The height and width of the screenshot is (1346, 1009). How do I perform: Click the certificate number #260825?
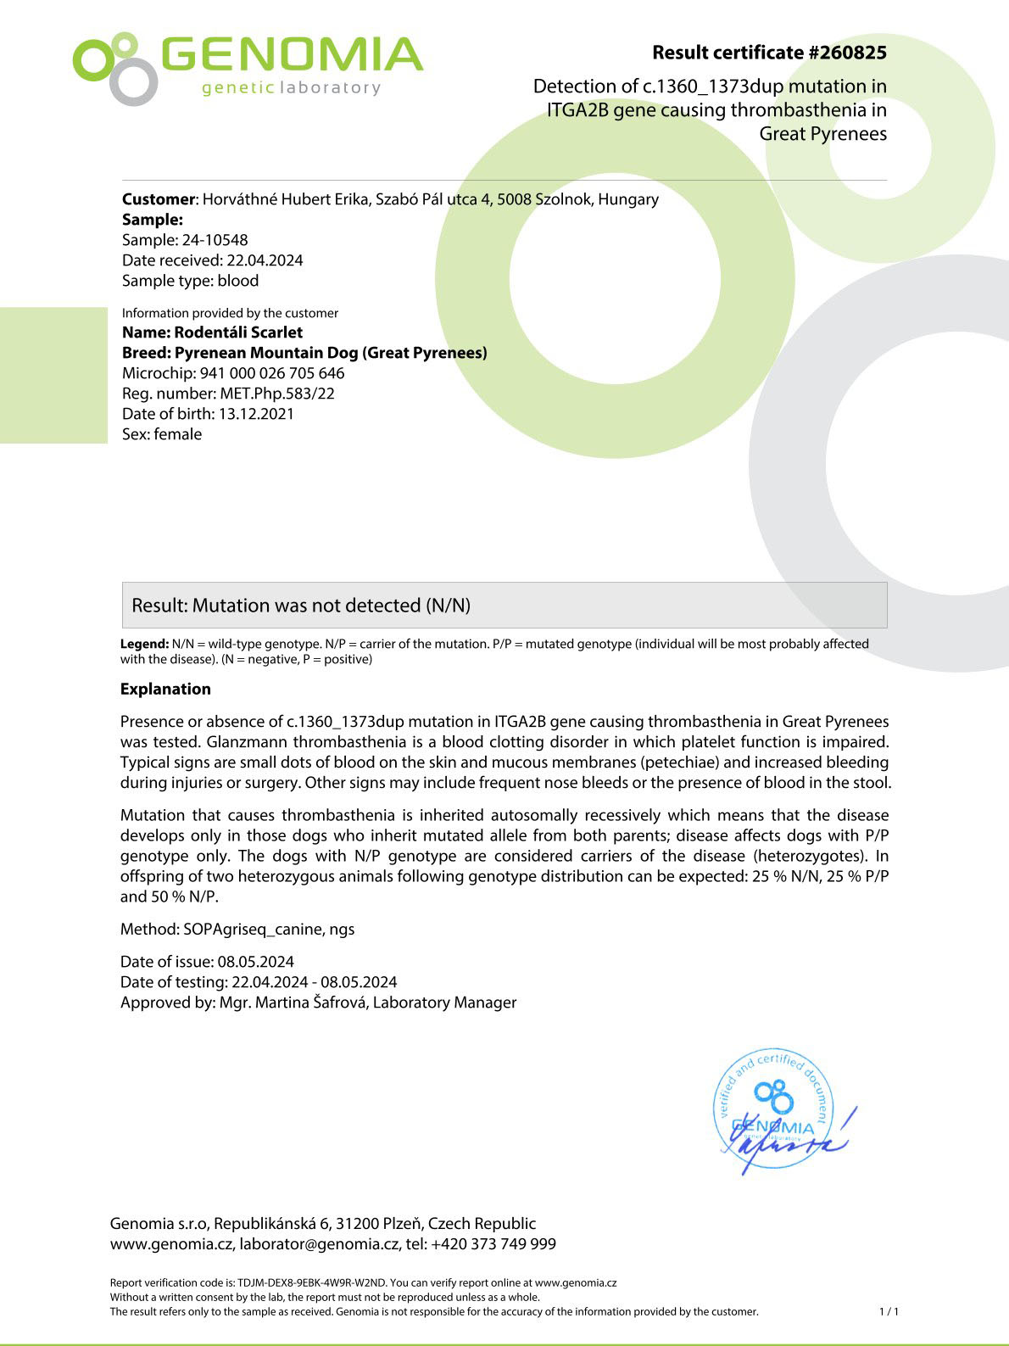click(x=847, y=53)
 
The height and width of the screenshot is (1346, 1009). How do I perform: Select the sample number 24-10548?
click(x=215, y=240)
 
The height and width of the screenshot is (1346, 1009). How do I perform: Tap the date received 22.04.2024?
click(x=265, y=260)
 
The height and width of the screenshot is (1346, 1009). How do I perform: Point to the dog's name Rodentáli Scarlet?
click(x=238, y=332)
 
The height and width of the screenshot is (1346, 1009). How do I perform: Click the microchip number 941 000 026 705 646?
click(x=272, y=373)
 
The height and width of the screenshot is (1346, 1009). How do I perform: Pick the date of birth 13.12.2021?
click(x=256, y=414)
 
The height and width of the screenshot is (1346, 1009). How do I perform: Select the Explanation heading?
click(x=165, y=689)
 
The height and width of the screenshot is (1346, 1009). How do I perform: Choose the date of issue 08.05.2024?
click(x=256, y=962)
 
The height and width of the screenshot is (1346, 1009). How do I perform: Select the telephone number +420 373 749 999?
click(x=493, y=1244)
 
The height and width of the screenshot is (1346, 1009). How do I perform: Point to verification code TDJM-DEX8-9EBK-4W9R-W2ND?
click(x=311, y=1283)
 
